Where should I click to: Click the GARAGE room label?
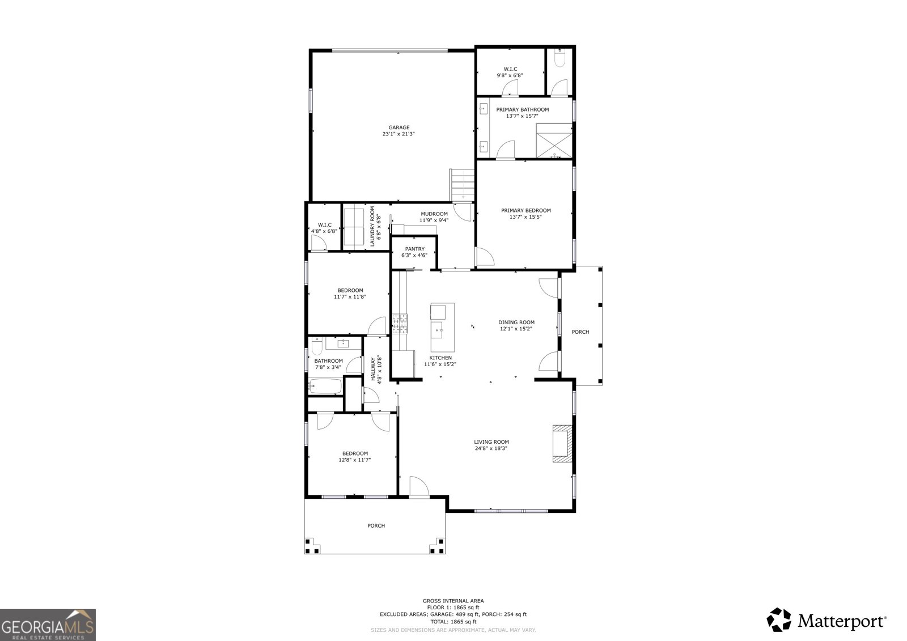(x=399, y=128)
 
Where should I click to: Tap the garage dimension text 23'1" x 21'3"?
(x=399, y=134)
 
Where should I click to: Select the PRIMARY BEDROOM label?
(x=525, y=210)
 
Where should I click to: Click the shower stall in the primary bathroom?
(x=554, y=141)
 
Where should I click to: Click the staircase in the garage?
(x=462, y=184)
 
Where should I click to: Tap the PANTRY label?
(x=414, y=249)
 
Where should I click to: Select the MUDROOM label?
(x=434, y=214)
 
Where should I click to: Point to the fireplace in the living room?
(x=562, y=443)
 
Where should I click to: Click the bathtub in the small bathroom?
(x=325, y=387)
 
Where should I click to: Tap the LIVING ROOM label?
(x=491, y=442)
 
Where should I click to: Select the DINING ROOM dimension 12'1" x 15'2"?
(x=516, y=329)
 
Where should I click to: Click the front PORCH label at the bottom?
(x=376, y=526)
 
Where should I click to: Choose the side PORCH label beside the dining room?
(x=580, y=332)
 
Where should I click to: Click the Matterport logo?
(x=827, y=619)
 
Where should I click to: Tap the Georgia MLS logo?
(x=48, y=625)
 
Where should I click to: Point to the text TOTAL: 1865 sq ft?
(x=453, y=621)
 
